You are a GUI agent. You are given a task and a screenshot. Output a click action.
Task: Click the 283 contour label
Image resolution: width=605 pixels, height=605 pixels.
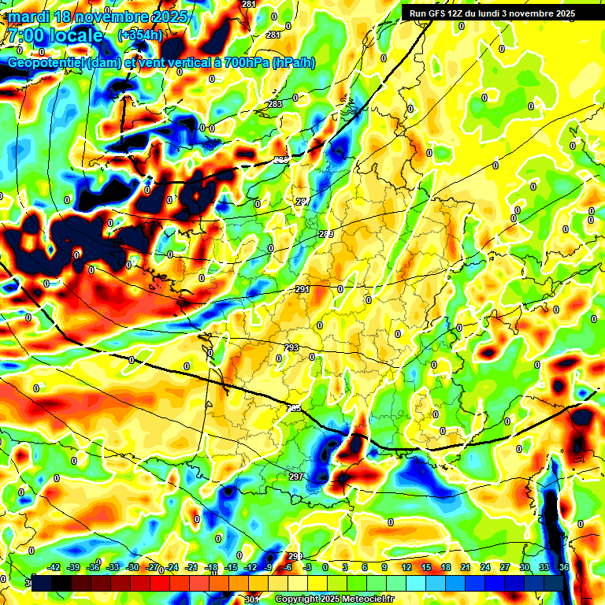tap(275, 104)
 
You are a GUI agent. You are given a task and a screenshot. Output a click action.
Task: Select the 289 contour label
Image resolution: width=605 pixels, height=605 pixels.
tap(326, 234)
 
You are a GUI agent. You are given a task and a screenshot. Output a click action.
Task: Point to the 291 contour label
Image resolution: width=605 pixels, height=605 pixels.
tap(302, 289)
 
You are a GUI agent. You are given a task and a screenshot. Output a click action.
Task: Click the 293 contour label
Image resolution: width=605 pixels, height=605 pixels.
tap(291, 347)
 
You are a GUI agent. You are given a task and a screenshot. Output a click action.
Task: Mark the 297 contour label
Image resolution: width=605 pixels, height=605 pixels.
tap(296, 477)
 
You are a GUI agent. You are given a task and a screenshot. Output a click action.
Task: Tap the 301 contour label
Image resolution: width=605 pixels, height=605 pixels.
tap(251, 600)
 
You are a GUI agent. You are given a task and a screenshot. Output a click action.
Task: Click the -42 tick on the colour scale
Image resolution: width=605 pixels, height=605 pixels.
tap(54, 567)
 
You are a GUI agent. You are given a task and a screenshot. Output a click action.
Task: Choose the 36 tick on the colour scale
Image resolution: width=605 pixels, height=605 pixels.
tap(564, 567)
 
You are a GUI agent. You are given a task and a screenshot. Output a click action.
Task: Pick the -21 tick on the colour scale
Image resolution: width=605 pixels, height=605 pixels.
tap(191, 567)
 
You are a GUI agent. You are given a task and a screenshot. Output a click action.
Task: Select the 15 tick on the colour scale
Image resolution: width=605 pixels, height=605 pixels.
tap(425, 567)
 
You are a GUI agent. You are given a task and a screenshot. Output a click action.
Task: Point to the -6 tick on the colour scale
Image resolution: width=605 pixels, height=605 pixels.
tap(288, 567)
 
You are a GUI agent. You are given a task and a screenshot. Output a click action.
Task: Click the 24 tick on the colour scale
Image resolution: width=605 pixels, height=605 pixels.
tap(484, 567)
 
